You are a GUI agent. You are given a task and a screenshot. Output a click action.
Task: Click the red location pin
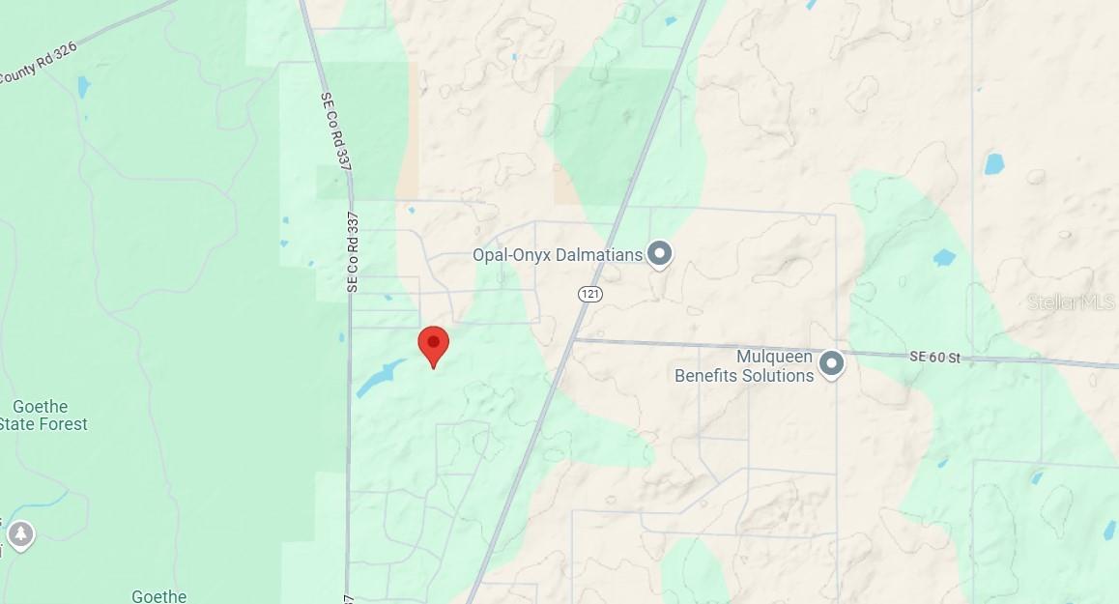433,344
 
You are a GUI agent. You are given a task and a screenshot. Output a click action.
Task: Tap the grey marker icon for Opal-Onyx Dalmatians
660,253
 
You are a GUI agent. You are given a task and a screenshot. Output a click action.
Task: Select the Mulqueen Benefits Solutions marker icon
831,364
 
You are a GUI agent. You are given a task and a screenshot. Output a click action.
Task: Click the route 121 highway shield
590,293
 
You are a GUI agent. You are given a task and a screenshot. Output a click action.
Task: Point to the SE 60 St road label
934,358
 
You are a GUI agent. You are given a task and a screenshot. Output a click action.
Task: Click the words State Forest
43,424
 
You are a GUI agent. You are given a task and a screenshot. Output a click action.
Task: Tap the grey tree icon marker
20,532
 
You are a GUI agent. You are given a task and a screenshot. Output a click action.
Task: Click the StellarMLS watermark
1071,302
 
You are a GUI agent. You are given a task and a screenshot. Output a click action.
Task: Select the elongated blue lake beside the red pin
380,378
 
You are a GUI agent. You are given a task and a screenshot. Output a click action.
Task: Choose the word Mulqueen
774,357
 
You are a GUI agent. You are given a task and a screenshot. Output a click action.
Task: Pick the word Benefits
701,376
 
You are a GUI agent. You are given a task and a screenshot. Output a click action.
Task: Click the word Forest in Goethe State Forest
60,424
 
